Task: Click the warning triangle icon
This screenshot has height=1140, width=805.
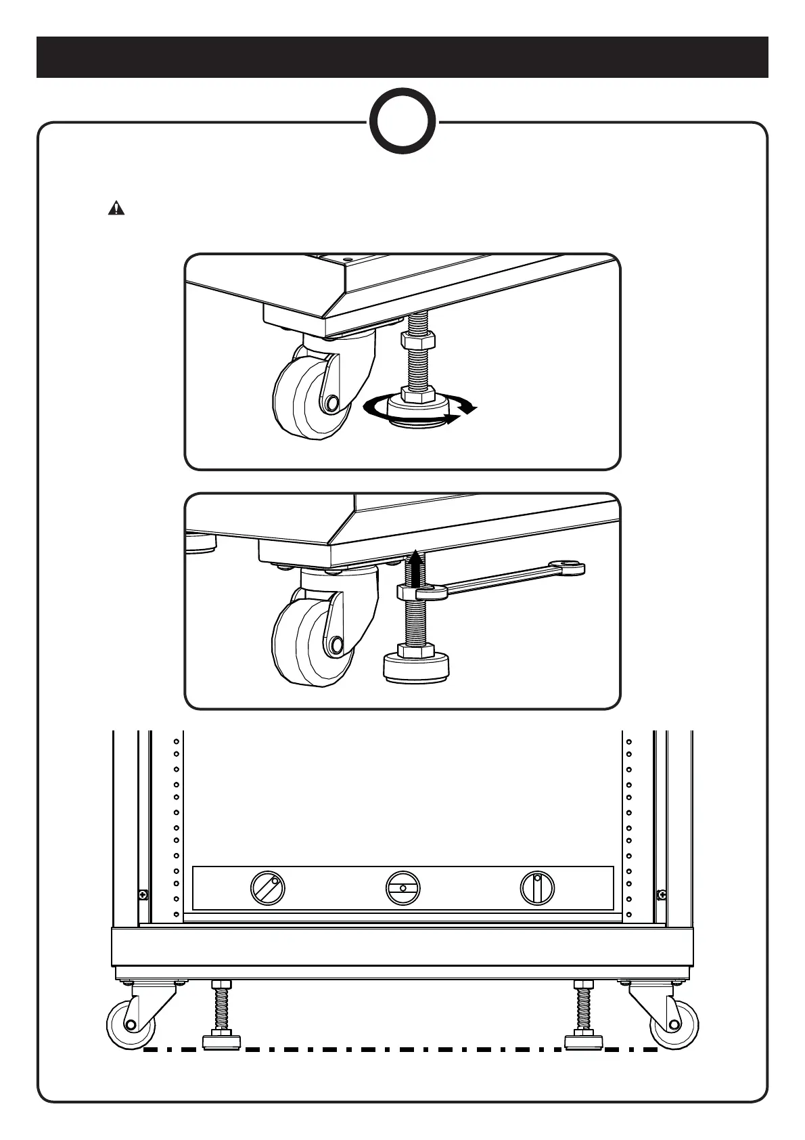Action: [117, 208]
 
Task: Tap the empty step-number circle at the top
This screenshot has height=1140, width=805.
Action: [402, 123]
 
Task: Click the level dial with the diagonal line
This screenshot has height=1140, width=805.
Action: [267, 887]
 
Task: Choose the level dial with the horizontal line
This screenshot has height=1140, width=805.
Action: [402, 887]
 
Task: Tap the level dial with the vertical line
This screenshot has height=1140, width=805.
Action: [537, 887]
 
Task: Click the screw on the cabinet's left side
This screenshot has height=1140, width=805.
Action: [143, 895]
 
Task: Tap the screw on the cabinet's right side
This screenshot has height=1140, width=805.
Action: [661, 895]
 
